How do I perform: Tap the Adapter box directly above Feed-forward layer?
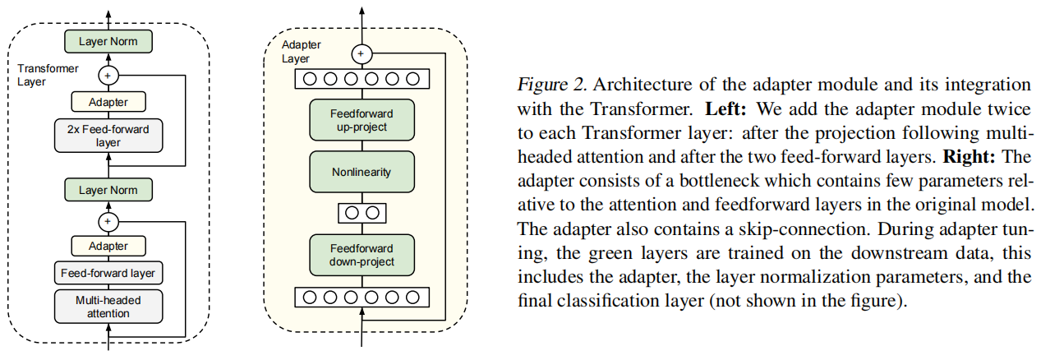click(109, 246)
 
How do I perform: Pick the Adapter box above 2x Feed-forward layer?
click(109, 103)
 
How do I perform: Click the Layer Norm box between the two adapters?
click(109, 190)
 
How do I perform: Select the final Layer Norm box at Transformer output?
click(109, 40)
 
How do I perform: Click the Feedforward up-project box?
click(362, 119)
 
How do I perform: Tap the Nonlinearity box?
click(362, 172)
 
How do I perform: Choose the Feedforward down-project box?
click(362, 255)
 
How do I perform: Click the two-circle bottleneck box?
click(362, 212)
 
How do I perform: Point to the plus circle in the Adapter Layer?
click(362, 54)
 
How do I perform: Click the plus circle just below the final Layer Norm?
click(109, 75)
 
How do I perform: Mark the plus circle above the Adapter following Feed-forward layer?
click(109, 220)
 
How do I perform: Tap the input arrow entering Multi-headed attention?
click(109, 337)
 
